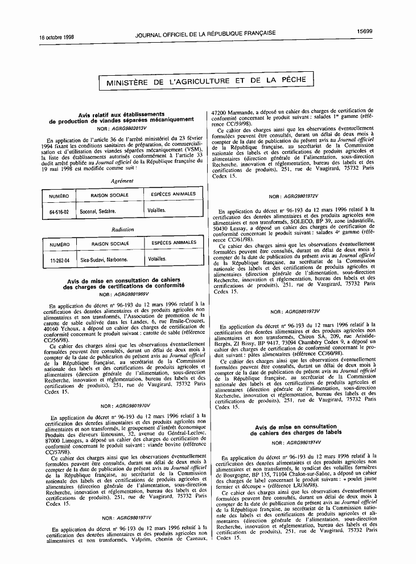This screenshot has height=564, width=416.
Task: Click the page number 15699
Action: pyautogui.click(x=365, y=32)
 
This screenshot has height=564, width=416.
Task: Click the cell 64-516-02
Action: pyautogui.click(x=59, y=211)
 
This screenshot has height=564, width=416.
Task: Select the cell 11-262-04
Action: pyautogui.click(x=59, y=260)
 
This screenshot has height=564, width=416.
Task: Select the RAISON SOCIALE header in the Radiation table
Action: pyautogui.click(x=110, y=244)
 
